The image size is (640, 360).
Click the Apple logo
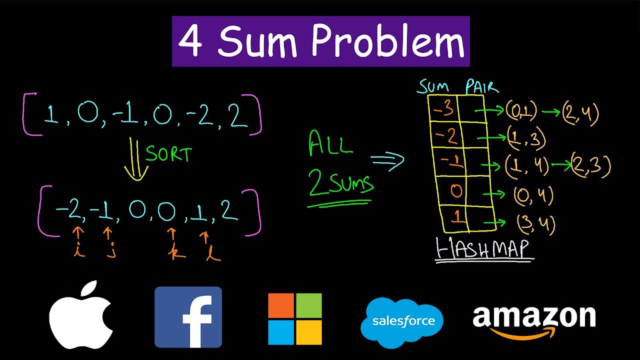(x=81, y=315)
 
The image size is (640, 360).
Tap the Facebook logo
(x=188, y=317)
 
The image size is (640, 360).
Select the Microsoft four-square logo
(x=295, y=319)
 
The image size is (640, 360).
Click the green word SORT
(x=168, y=154)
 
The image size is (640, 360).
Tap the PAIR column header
(x=481, y=87)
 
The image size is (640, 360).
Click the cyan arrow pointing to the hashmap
(x=387, y=160)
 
